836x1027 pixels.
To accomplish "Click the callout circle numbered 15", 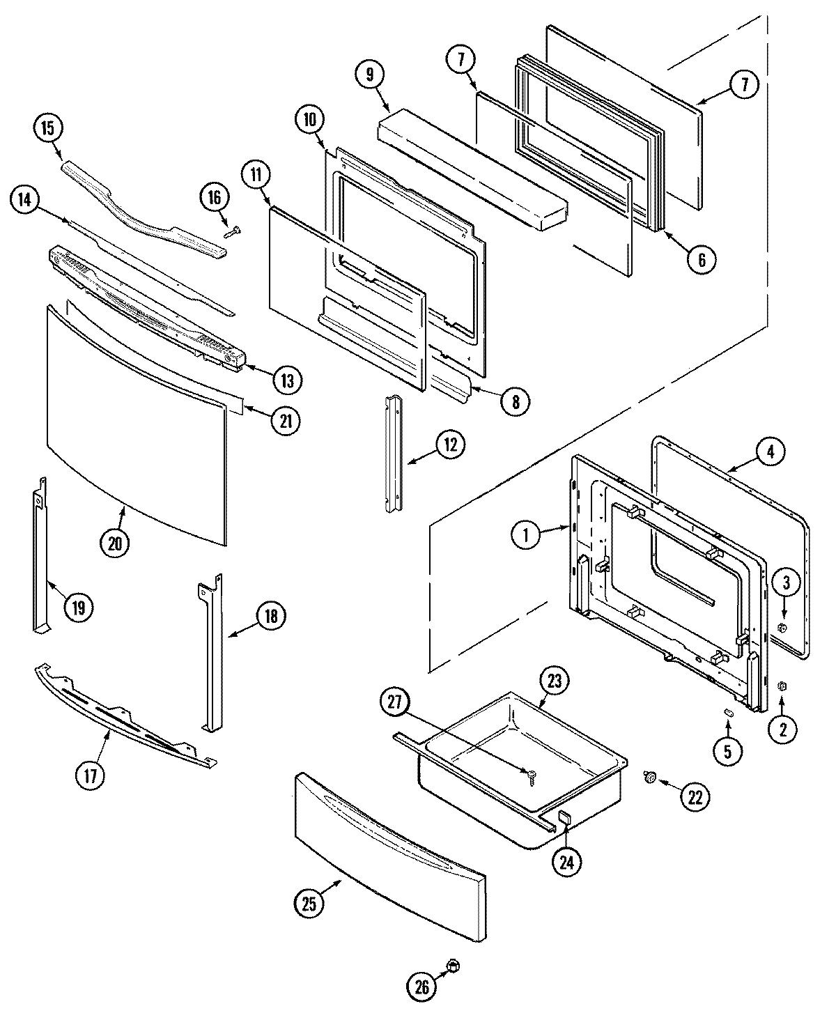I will tap(48, 128).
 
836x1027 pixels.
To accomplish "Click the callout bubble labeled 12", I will tap(451, 445).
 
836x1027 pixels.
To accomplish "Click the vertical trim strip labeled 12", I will tap(394, 453).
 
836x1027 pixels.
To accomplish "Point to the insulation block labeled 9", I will tap(474, 171).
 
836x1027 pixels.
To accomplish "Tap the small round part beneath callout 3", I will tap(782, 628).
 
